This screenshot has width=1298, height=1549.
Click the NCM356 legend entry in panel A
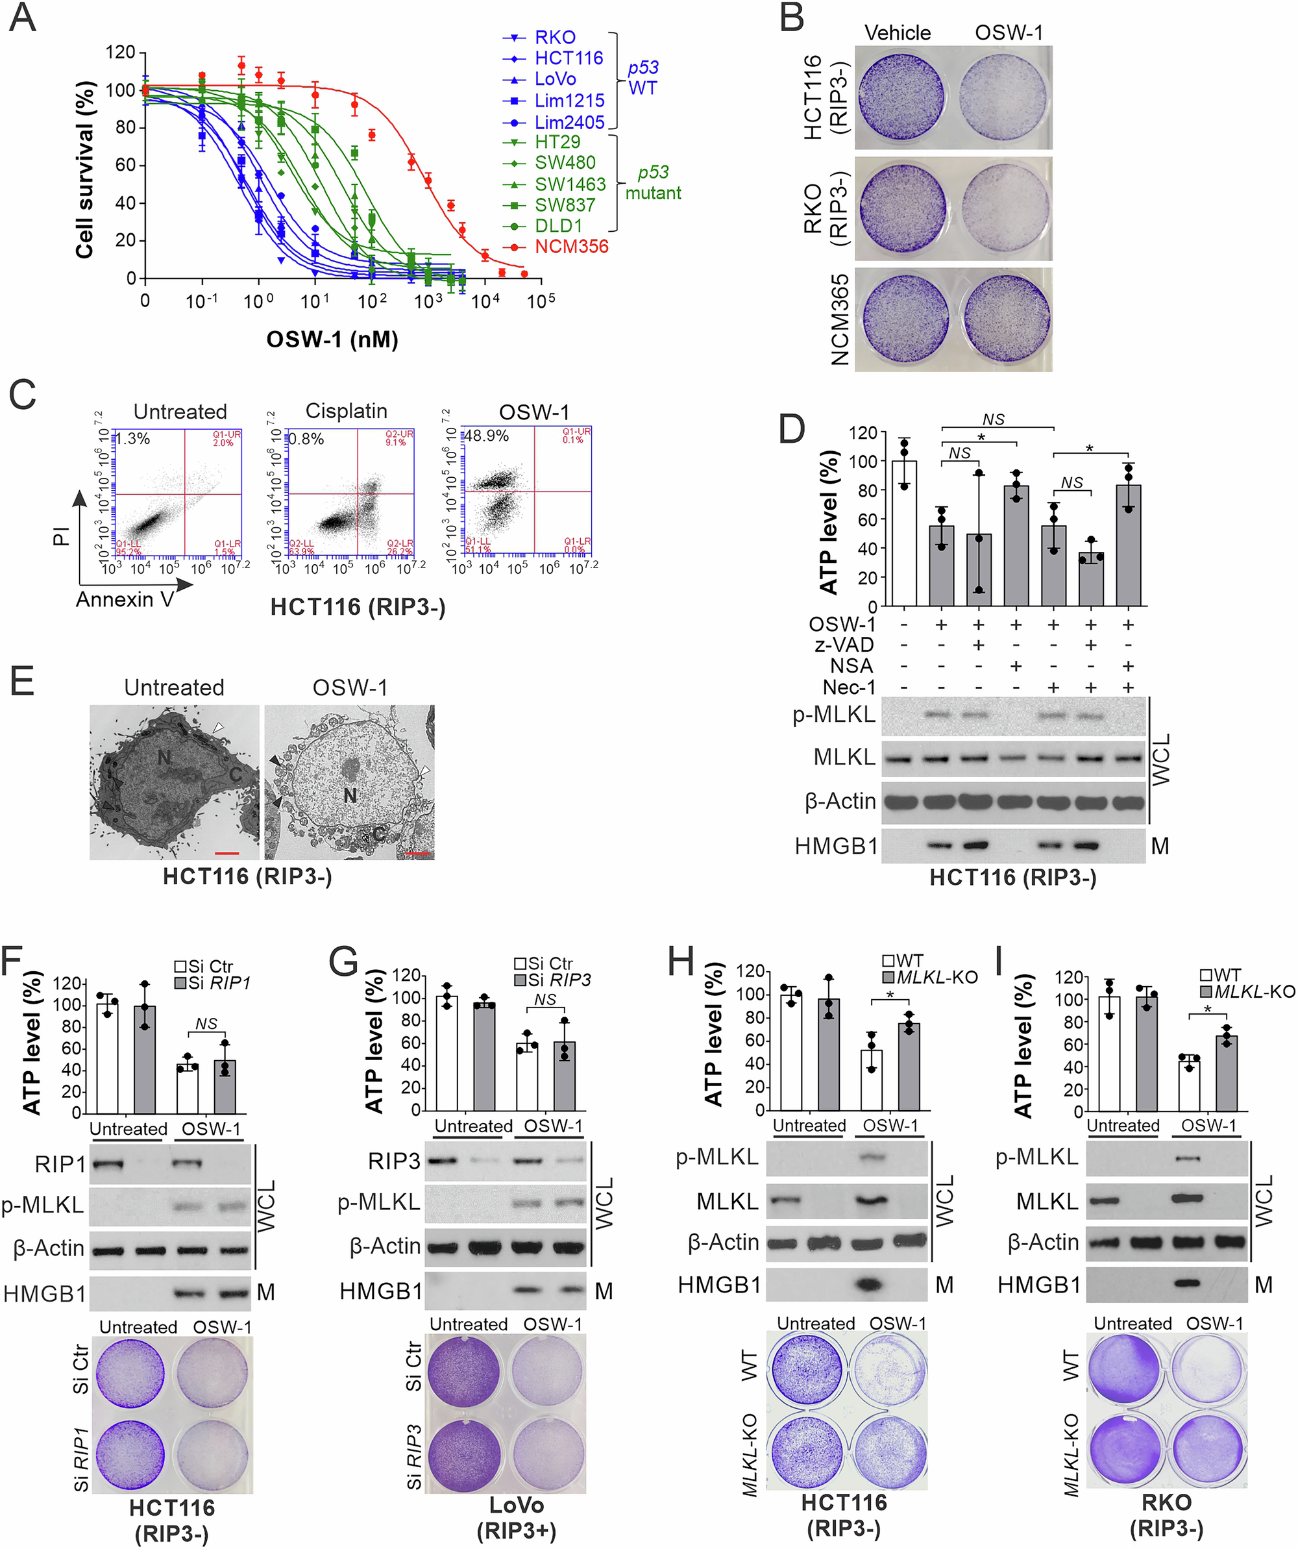pyautogui.click(x=571, y=246)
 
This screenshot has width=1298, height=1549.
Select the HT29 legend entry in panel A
pyautogui.click(x=557, y=142)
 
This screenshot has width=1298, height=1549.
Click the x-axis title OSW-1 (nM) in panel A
pyautogui.click(x=332, y=340)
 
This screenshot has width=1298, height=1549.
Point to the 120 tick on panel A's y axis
pyautogui.click(x=120, y=53)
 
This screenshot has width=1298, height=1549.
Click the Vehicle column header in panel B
pyautogui.click(x=897, y=33)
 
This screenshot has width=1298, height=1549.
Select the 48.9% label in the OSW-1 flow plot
pyautogui.click(x=486, y=436)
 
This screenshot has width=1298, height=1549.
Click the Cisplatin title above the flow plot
pyautogui.click(x=346, y=411)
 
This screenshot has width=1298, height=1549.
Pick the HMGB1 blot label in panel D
pyautogui.click(x=836, y=846)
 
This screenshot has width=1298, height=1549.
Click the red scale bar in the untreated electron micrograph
pyautogui.click(x=227, y=852)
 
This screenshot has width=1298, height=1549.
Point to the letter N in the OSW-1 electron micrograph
pyautogui.click(x=350, y=795)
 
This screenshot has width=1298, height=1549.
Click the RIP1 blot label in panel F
pyautogui.click(x=60, y=1164)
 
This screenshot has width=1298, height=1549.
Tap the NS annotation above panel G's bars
pyautogui.click(x=545, y=1000)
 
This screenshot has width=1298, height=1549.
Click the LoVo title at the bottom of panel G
pyautogui.click(x=516, y=1505)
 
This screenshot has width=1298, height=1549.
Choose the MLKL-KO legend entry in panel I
pyautogui.click(x=1254, y=991)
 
